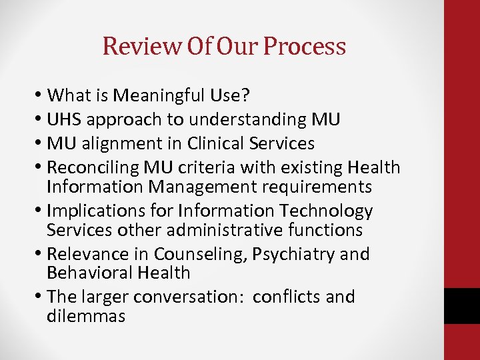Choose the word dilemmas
pos(86,316)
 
